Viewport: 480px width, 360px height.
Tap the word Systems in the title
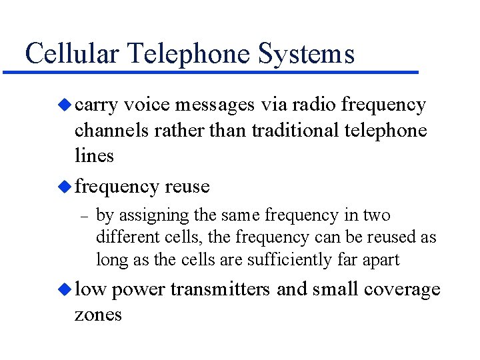pos(306,53)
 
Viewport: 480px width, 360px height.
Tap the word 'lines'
pos(94,155)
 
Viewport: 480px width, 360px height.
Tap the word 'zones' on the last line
pos(98,314)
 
